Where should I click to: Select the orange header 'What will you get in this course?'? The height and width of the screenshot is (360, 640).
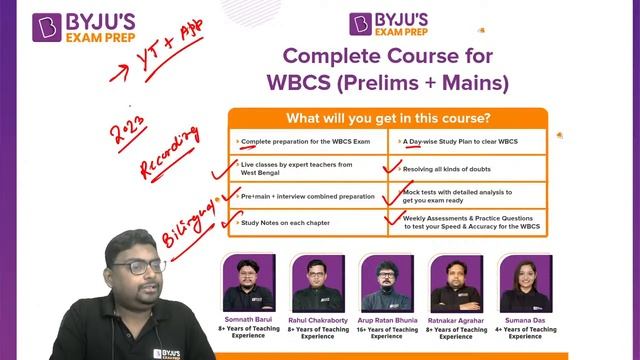pos(388,117)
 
